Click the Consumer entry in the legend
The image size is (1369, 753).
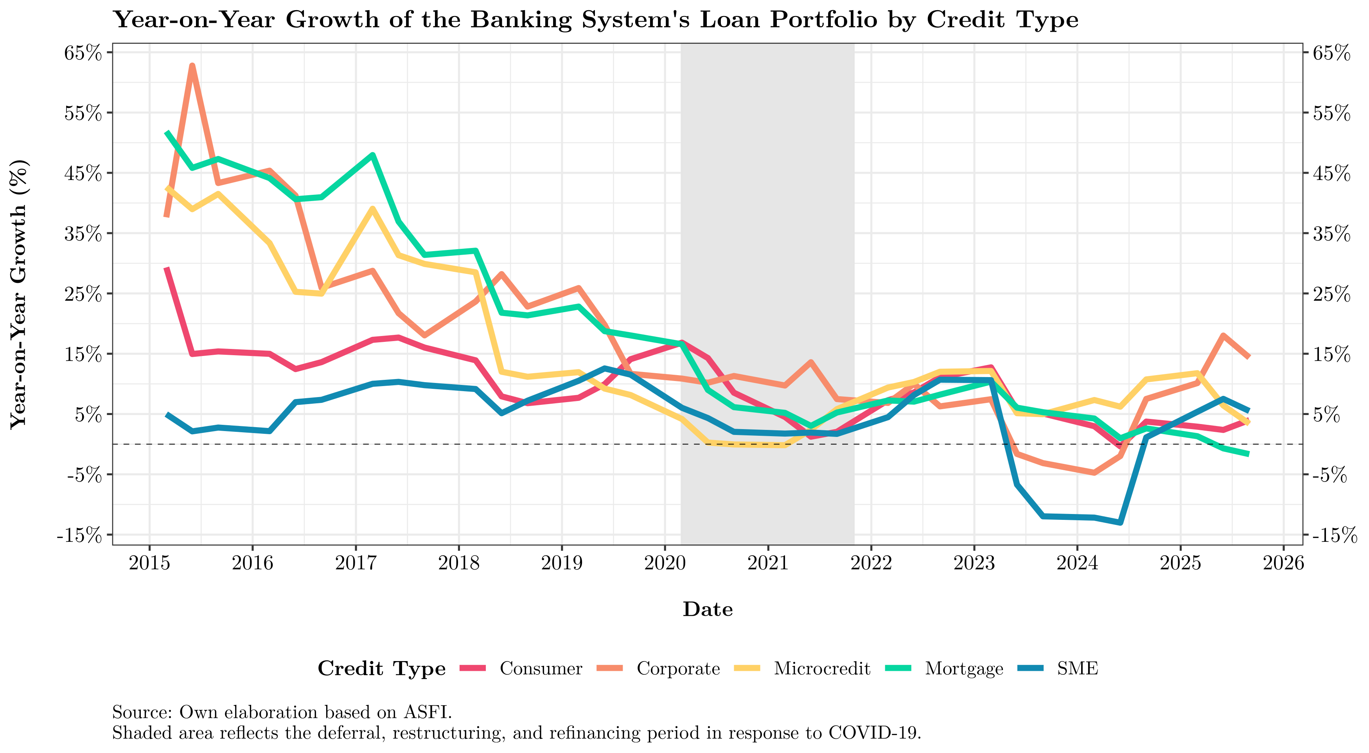click(541, 669)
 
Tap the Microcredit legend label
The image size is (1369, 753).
click(822, 669)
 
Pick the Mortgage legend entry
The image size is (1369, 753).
click(963, 669)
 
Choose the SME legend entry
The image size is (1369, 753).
click(1077, 669)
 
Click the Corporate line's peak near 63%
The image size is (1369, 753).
click(192, 66)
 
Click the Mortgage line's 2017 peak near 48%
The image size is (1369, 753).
click(372, 155)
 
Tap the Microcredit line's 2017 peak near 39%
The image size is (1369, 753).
click(372, 208)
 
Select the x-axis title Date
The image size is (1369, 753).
click(707, 609)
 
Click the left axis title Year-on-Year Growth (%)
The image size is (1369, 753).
click(19, 294)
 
